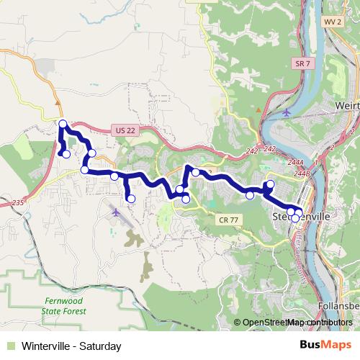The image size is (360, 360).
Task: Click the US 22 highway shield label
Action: (x=124, y=130)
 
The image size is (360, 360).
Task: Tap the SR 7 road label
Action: (x=302, y=64)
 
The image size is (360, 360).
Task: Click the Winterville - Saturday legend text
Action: (x=71, y=346)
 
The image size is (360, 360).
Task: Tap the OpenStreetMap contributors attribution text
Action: (x=297, y=323)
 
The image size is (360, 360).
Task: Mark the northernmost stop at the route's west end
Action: (x=63, y=124)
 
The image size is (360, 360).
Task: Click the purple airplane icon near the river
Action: (x=287, y=113)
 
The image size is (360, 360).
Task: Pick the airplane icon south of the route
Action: (x=117, y=212)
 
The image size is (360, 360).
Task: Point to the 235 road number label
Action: (x=19, y=203)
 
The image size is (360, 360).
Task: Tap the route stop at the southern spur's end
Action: (x=131, y=199)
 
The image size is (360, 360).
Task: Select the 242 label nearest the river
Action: (x=269, y=148)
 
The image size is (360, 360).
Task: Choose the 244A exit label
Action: (x=295, y=163)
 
